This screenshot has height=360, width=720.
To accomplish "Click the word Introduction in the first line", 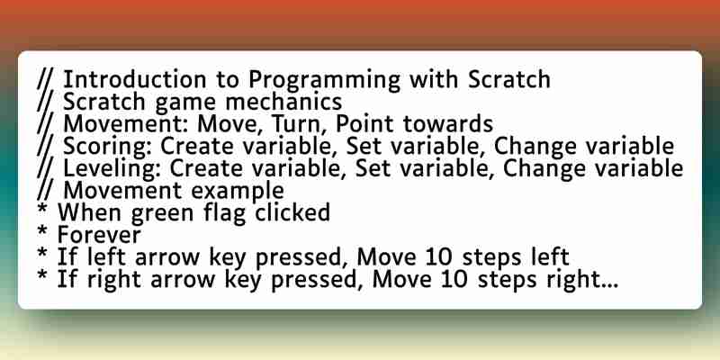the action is (x=134, y=80).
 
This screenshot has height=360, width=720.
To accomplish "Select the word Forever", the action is (x=99, y=235).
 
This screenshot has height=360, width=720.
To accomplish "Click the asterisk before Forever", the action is (x=42, y=233).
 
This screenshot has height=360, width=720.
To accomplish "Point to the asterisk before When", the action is (x=42, y=211).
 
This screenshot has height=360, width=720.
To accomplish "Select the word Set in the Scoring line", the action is (x=364, y=147).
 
